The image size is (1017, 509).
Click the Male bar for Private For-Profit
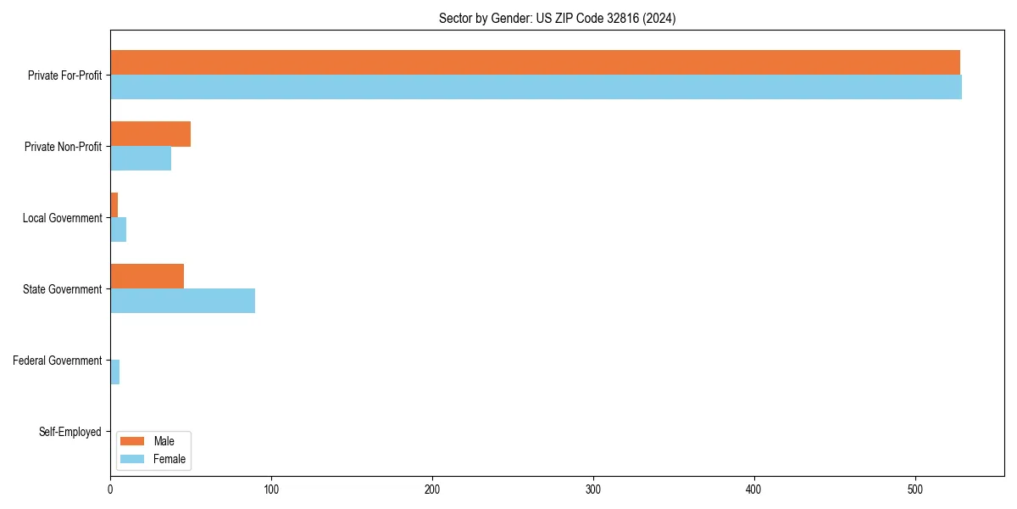coord(535,63)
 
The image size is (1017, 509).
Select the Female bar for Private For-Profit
coord(536,87)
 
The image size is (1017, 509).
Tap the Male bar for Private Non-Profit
coord(150,134)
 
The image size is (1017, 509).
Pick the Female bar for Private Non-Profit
coord(141,159)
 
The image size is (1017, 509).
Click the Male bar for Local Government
coord(114,205)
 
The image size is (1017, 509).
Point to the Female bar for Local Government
coord(118,230)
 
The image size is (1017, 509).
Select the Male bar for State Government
coord(147,277)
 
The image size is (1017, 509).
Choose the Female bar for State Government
coord(182,301)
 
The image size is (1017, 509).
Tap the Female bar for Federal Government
coord(114,372)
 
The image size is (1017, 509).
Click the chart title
coord(557,19)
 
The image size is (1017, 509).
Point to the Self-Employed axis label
coord(70,432)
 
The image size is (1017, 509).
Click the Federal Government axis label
coord(58,361)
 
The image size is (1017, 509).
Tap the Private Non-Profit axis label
coord(63,147)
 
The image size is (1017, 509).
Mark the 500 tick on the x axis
coord(915,490)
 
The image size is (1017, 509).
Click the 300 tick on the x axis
coord(593,490)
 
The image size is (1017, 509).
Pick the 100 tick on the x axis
coord(271,490)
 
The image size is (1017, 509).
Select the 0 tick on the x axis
coord(110,490)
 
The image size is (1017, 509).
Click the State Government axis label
coord(63,289)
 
